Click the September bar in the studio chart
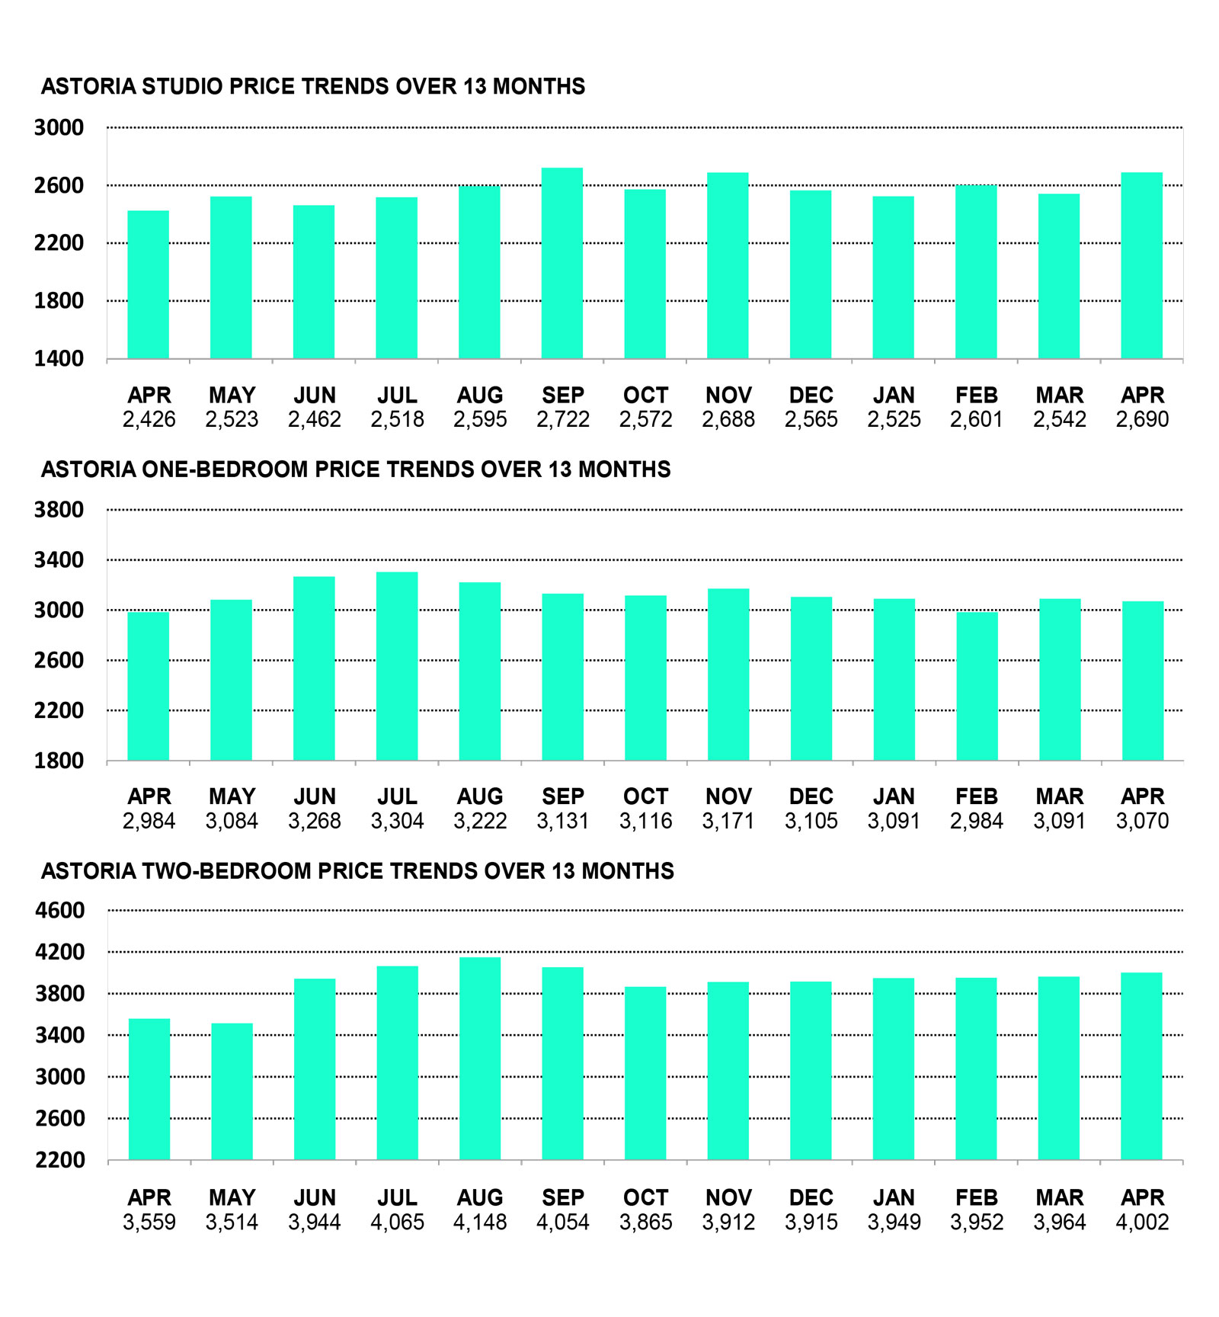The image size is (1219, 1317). tap(562, 263)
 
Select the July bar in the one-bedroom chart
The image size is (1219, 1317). tap(397, 666)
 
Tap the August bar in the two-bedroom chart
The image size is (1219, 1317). tap(480, 1059)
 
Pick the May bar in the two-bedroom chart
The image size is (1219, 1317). tap(232, 1091)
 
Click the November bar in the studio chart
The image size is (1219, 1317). tap(728, 265)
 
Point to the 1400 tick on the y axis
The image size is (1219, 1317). tap(59, 359)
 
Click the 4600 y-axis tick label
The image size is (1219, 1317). tap(59, 910)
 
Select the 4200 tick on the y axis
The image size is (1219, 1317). tap(59, 952)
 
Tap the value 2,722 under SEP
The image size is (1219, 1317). tap(563, 419)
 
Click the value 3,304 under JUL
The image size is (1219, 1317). tap(397, 821)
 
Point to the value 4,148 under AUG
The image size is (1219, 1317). tap(480, 1222)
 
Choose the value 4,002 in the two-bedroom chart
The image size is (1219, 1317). tap(1142, 1222)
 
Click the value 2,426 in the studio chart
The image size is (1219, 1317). tap(149, 419)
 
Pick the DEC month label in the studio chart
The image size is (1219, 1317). tap(811, 396)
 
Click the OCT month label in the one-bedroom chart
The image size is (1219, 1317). tap(645, 797)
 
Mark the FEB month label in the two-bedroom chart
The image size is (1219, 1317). tap(977, 1198)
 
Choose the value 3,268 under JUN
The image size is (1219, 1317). tap(315, 821)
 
